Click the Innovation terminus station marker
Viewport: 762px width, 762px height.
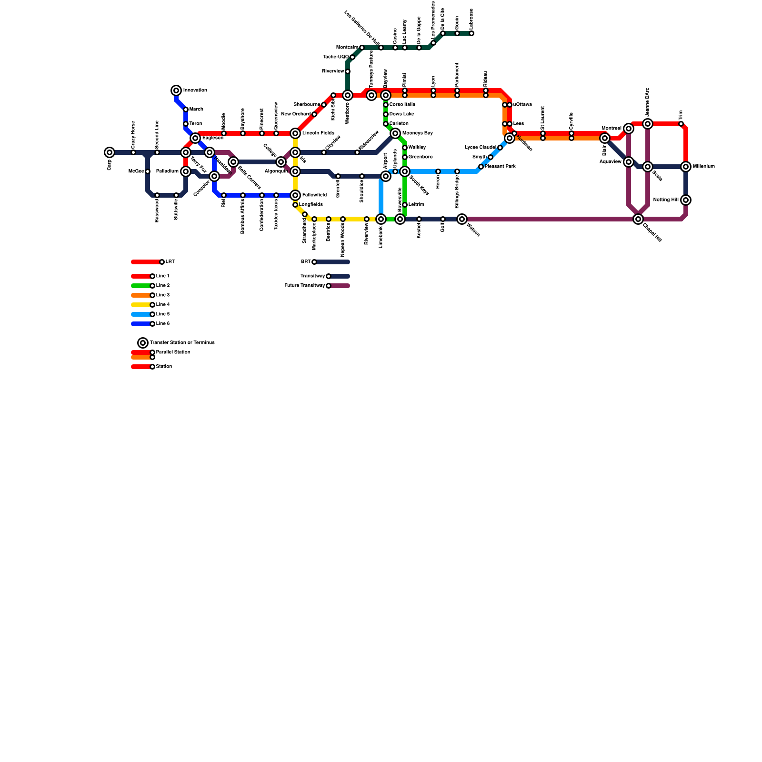[176, 90]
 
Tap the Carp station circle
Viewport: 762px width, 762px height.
[110, 152]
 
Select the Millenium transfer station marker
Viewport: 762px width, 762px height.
[686, 167]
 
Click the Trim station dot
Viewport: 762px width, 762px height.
[681, 124]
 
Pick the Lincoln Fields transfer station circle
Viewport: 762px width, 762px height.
[295, 133]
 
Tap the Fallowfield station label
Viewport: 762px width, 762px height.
[314, 195]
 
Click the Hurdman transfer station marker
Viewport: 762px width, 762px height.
[510, 138]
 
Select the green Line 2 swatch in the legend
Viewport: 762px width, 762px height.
[141, 286]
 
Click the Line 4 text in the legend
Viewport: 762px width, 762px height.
[163, 305]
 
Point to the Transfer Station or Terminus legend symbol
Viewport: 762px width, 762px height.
[143, 343]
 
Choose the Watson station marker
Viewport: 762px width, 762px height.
[462, 219]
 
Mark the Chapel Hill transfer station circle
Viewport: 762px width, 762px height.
[638, 219]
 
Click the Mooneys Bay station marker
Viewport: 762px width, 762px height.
[395, 133]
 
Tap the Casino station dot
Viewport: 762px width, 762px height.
[395, 48]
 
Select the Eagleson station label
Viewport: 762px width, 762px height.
[213, 138]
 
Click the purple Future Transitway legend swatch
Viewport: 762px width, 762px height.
[340, 286]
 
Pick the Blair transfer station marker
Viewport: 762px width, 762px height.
[605, 138]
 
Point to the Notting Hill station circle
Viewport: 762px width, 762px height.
[686, 200]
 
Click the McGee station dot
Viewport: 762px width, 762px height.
[148, 171]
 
